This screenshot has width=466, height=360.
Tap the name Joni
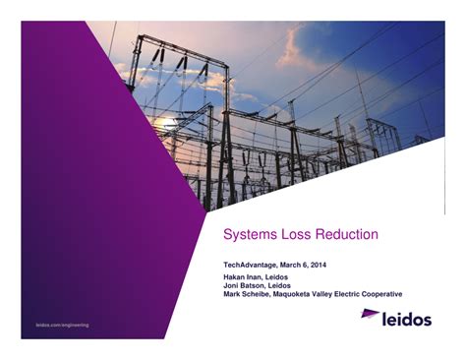click(233, 286)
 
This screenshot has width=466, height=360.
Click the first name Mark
click(234, 295)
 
